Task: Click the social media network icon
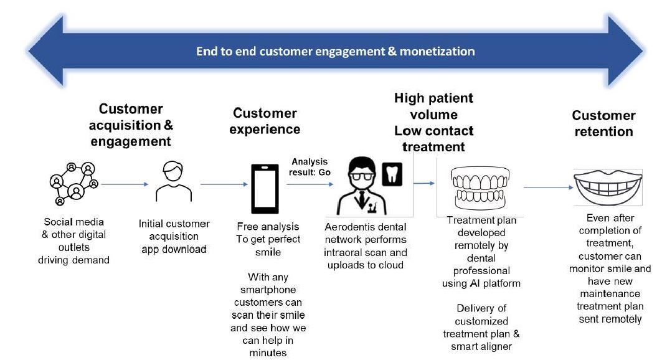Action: [x=73, y=184]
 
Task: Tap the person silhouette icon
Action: [x=174, y=182]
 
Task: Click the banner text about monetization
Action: [x=335, y=51]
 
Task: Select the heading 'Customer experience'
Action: [x=265, y=121]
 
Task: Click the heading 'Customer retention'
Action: [x=603, y=123]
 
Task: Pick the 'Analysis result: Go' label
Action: [x=310, y=166]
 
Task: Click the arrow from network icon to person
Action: [x=125, y=184]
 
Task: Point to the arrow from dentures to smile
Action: [x=548, y=186]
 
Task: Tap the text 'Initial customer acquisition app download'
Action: [x=174, y=236]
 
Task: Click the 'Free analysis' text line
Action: [x=268, y=227]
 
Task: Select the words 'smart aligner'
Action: [x=481, y=346]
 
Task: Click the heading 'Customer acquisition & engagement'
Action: [x=131, y=125]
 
